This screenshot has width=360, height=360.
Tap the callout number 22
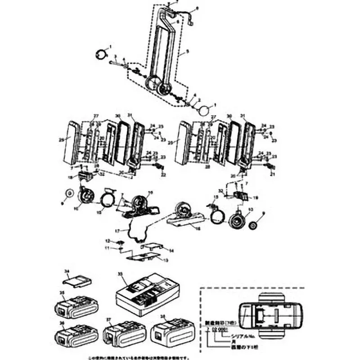[163, 174]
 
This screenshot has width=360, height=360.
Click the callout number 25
[61, 139]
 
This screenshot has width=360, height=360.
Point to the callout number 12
[108, 241]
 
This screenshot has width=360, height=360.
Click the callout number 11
[108, 248]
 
